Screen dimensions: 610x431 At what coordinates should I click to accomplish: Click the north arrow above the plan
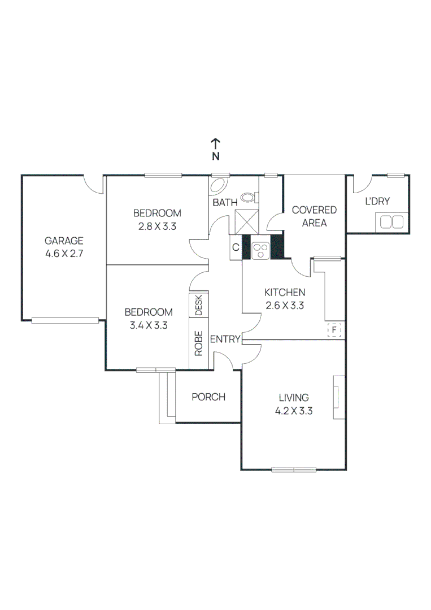pyautogui.click(x=215, y=145)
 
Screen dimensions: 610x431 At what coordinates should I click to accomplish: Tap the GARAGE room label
pyautogui.click(x=64, y=240)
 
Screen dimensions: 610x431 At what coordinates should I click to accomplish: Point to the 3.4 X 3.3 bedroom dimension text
pyautogui.click(x=149, y=325)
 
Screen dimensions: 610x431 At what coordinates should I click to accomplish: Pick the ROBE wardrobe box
pyautogui.click(x=199, y=343)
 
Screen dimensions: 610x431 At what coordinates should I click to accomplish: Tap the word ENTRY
pyautogui.click(x=225, y=339)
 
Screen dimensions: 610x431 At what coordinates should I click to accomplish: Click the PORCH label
pyautogui.click(x=208, y=397)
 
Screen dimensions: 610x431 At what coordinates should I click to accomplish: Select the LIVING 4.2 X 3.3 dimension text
pyautogui.click(x=294, y=411)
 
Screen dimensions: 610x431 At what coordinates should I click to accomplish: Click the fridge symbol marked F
pyautogui.click(x=335, y=329)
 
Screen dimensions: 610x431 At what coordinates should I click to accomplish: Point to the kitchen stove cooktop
pyautogui.click(x=261, y=249)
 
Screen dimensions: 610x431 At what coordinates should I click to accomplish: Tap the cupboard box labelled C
pyautogui.click(x=236, y=247)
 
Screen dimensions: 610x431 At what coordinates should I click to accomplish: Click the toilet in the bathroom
pyautogui.click(x=249, y=197)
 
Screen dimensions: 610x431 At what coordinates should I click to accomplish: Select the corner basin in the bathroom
pyautogui.click(x=217, y=186)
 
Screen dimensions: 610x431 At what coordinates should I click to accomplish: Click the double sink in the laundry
pyautogui.click(x=392, y=221)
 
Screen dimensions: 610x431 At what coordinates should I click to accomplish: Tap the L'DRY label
pyautogui.click(x=377, y=201)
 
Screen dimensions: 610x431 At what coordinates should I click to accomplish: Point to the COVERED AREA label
pyautogui.click(x=314, y=216)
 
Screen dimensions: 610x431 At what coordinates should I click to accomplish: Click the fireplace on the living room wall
pyautogui.click(x=338, y=397)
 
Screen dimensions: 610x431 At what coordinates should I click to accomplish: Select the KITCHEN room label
pyautogui.click(x=285, y=292)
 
